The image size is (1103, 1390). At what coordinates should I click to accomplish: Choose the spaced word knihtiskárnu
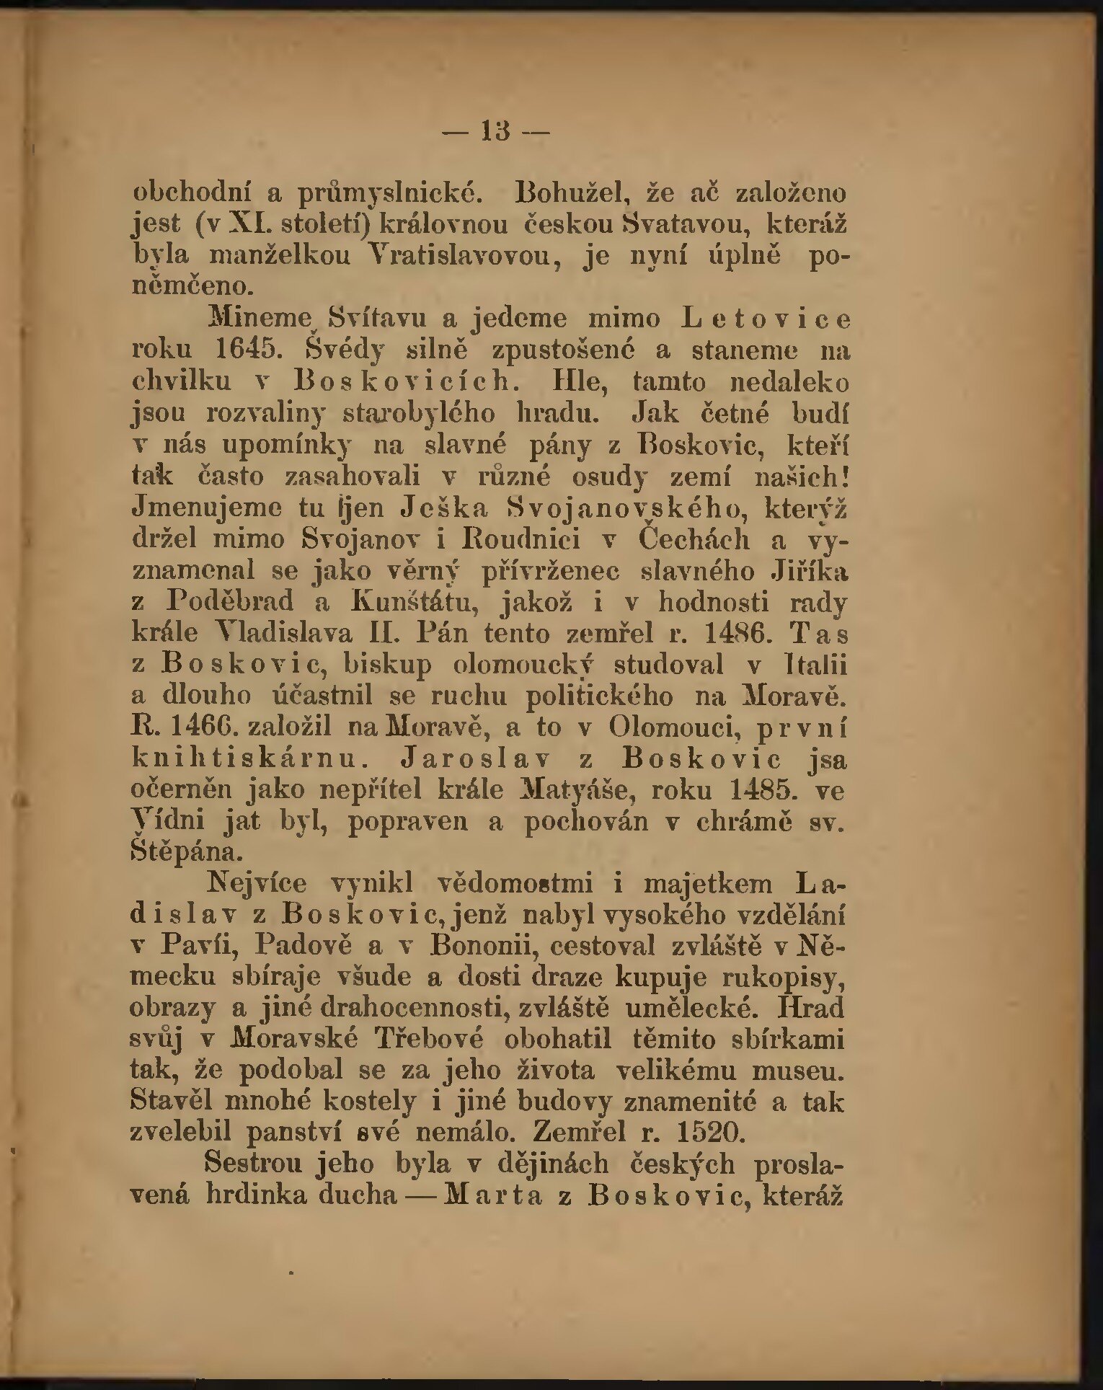click(245, 758)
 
